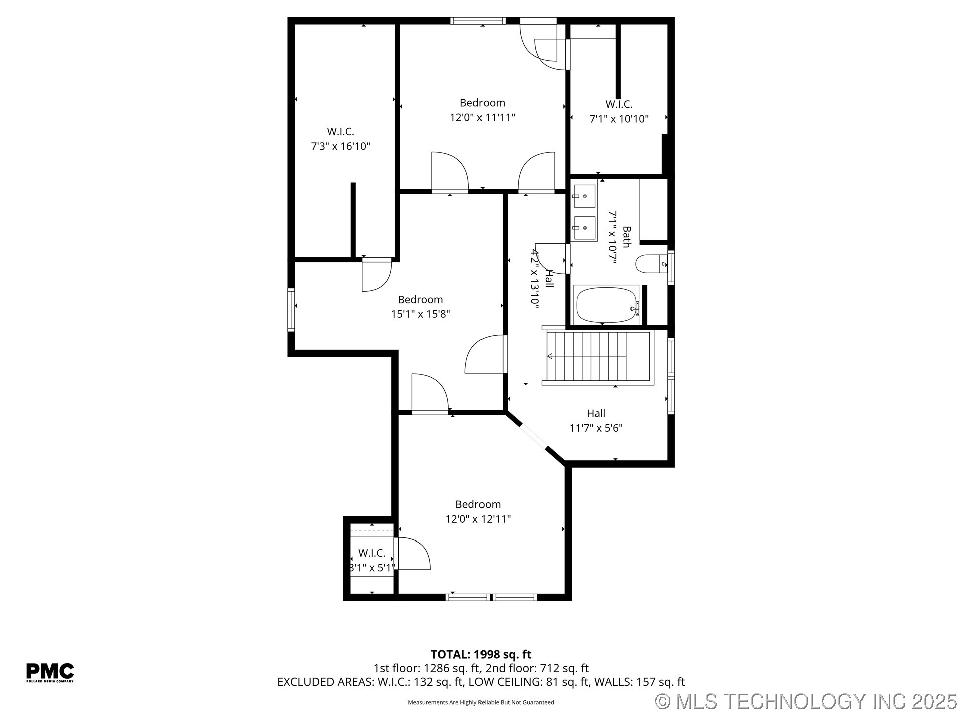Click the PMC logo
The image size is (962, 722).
[50, 672]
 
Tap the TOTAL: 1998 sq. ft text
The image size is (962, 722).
[480, 654]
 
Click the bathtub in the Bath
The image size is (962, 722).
[606, 305]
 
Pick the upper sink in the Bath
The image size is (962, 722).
[584, 196]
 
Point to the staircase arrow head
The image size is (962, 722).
[550, 356]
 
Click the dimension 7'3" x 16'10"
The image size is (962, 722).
[340, 146]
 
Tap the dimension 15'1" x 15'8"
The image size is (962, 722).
[420, 314]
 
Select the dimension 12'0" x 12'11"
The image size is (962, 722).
[478, 519]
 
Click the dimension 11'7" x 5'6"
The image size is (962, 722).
[596, 428]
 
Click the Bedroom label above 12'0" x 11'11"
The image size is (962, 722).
[482, 103]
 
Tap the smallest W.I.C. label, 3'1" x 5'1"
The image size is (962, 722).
[372, 553]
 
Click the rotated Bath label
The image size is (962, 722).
[626, 237]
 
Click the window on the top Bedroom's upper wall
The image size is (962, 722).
[477, 21]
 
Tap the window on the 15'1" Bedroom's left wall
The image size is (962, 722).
[291, 309]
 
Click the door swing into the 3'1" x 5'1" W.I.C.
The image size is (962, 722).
[413, 554]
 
